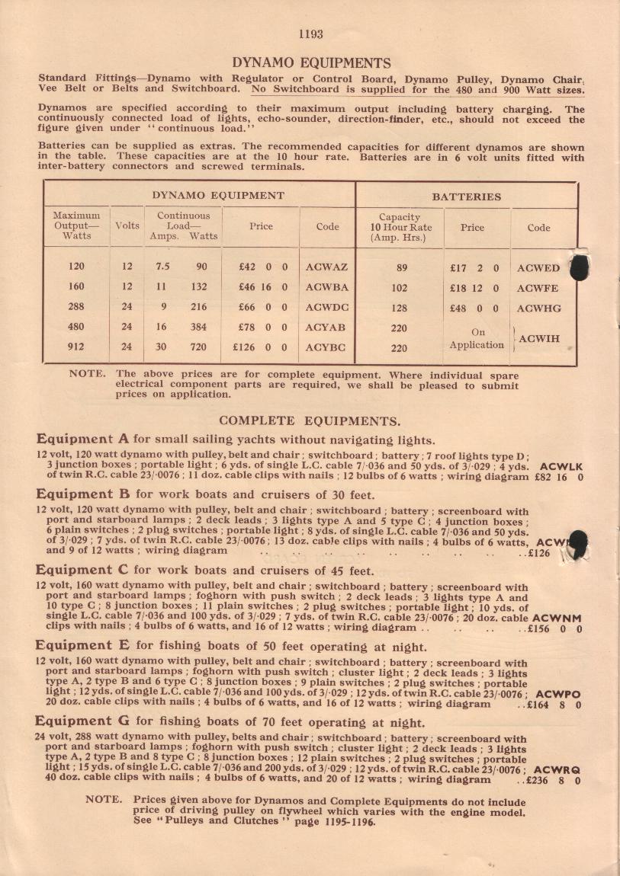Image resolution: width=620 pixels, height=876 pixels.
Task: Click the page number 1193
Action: pyautogui.click(x=311, y=34)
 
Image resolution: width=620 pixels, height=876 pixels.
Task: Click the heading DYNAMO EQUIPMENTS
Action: pyautogui.click(x=311, y=62)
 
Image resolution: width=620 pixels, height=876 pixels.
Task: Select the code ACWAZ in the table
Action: pyautogui.click(x=326, y=267)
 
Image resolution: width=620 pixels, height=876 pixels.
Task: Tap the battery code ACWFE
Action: pyautogui.click(x=538, y=289)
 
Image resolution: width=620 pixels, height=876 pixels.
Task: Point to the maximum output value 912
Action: pyautogui.click(x=75, y=347)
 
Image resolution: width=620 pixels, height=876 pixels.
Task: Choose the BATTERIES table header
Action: pyautogui.click(x=467, y=196)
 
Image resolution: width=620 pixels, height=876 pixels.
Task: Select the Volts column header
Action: pyautogui.click(x=127, y=226)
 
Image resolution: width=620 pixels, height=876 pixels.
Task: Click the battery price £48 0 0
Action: pyautogui.click(x=474, y=309)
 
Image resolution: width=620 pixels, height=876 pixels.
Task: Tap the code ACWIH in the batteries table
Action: pyautogui.click(x=542, y=337)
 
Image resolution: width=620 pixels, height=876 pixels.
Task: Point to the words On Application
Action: pyautogui.click(x=477, y=338)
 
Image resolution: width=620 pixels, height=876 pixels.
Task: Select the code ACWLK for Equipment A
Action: pyautogui.click(x=561, y=465)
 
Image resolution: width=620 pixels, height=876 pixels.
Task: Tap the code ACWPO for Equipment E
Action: pyautogui.click(x=558, y=694)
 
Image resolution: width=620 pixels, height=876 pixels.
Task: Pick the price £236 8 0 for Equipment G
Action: pyautogui.click(x=558, y=780)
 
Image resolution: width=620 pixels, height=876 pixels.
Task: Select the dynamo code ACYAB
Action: pyautogui.click(x=326, y=327)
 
